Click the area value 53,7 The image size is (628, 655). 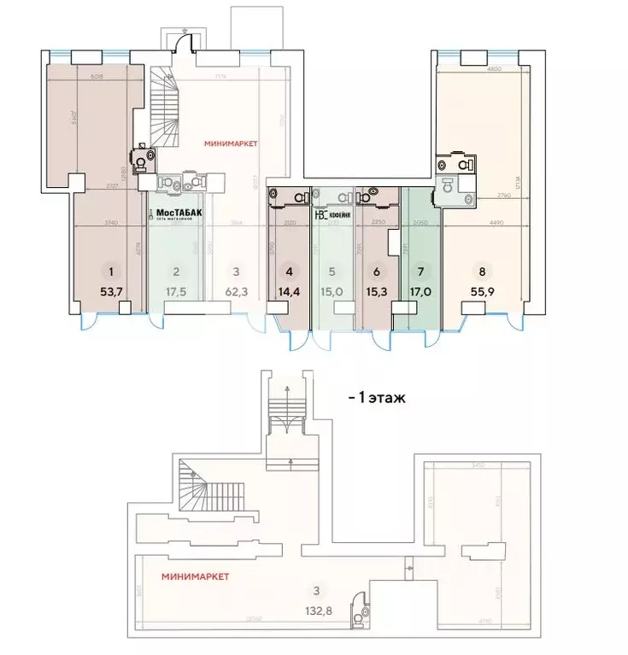pos(111,290)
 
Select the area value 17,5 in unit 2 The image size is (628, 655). pos(176,290)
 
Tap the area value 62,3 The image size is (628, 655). pos(237,290)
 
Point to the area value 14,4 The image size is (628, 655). pos(291,290)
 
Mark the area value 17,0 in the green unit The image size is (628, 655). pos(419,290)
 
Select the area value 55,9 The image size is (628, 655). pos(483,290)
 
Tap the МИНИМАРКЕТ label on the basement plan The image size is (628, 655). pos(196,577)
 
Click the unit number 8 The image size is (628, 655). pos(483,272)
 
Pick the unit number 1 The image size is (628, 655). pos(111,272)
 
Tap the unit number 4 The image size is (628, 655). pos(291,272)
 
